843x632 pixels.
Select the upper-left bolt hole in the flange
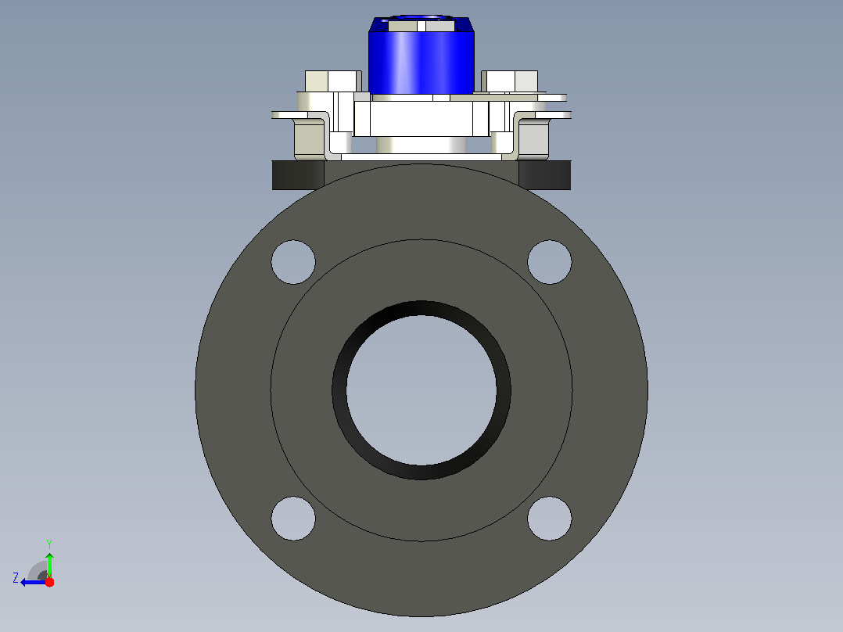[x=293, y=262]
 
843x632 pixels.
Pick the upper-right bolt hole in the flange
[x=550, y=262]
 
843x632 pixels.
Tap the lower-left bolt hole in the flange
[x=293, y=519]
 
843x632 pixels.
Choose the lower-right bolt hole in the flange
[x=550, y=519]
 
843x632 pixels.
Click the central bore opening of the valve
[x=421, y=390]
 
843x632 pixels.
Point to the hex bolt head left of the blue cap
[x=333, y=81]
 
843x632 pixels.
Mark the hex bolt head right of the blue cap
[x=509, y=81]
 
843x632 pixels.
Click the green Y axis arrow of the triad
[x=49, y=566]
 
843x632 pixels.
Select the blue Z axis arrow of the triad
[x=34, y=582]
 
